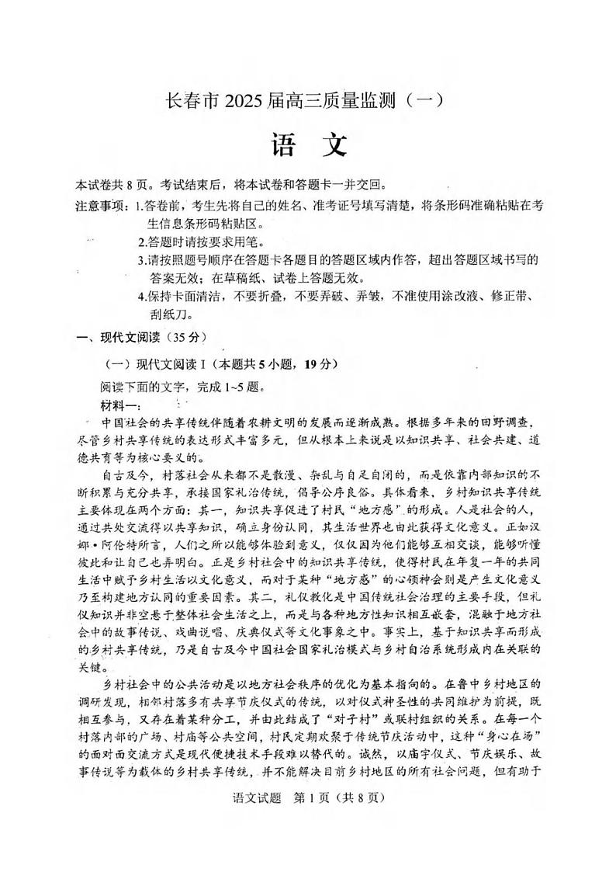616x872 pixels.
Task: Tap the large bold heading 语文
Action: click(x=308, y=144)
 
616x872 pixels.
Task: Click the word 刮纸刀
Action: click(x=170, y=314)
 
